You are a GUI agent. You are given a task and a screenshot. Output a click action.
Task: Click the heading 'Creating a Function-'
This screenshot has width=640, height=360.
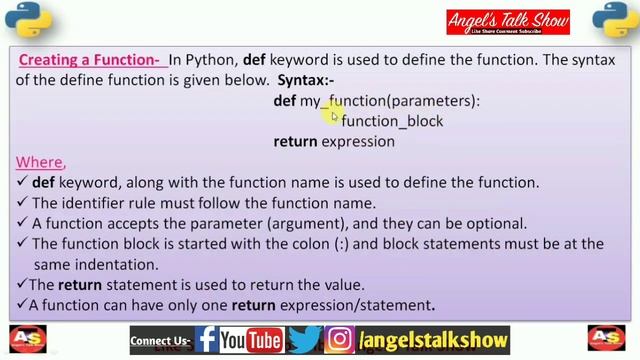[88, 60]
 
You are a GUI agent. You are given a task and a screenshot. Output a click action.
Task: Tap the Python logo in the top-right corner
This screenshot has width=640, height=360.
[611, 21]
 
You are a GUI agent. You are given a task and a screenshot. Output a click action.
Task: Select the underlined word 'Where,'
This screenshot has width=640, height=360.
[40, 162]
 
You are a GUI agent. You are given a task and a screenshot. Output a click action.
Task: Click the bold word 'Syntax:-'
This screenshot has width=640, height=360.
[307, 80]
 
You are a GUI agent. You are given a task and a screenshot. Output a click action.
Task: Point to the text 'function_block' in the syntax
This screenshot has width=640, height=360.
[392, 121]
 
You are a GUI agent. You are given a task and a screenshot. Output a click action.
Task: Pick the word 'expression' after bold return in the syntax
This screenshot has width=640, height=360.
[358, 141]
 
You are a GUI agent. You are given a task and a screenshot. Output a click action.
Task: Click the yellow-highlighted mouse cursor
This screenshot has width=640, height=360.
[333, 113]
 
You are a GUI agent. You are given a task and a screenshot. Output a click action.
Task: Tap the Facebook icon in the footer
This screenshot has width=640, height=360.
[207, 340]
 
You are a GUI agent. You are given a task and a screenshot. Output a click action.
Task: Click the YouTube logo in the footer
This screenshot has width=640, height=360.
[251, 340]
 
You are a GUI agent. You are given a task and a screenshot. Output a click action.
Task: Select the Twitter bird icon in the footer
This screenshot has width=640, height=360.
[305, 340]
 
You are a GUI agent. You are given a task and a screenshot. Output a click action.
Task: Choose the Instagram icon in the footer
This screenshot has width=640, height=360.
[340, 340]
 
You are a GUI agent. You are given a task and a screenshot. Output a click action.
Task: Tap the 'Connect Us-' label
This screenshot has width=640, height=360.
[161, 341]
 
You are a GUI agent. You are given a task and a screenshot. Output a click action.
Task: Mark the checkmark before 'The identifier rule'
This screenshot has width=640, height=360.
[22, 204]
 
